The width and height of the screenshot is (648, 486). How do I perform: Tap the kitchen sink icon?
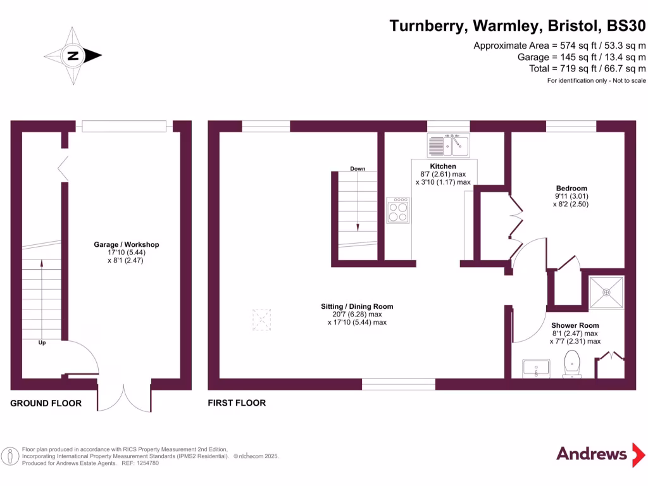[447, 145]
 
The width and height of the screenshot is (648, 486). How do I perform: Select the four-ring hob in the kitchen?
[399, 211]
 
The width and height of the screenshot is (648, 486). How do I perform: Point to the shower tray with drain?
[606, 292]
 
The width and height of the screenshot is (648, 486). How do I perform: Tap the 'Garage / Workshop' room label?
[126, 245]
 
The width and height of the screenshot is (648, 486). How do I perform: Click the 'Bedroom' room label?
[571, 188]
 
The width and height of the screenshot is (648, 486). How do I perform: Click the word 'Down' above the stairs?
[358, 169]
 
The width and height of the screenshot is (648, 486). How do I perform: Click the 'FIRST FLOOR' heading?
[237, 403]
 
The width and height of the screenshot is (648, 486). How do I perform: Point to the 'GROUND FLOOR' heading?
[46, 403]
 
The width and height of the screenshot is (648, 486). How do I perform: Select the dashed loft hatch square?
[261, 320]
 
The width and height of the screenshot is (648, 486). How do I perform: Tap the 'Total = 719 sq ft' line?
[587, 68]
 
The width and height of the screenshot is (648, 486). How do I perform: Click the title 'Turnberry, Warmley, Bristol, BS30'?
[517, 26]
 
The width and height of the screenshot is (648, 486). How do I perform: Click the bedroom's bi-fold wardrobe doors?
[516, 218]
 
